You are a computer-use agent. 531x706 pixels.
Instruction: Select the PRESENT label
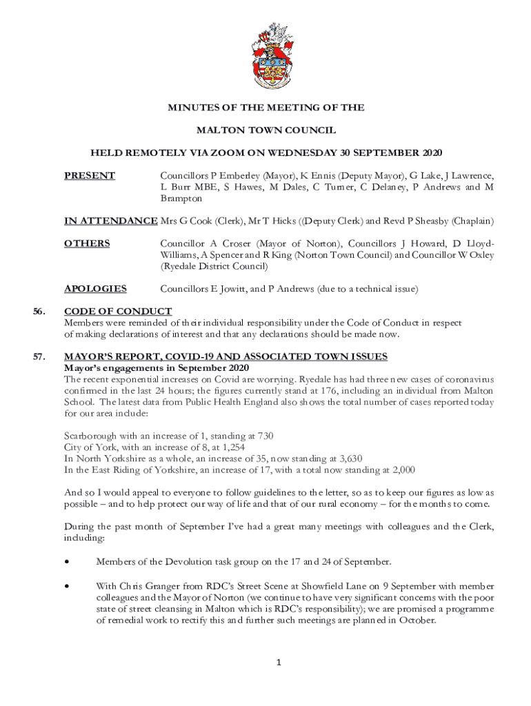90,176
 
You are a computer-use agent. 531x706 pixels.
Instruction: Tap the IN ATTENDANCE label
110,221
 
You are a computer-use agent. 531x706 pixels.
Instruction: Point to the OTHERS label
87,243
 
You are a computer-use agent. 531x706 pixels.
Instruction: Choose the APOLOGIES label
95,288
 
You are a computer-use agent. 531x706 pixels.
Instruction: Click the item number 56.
39,311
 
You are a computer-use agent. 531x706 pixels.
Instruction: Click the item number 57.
39,356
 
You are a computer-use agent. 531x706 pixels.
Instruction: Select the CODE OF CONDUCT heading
118,311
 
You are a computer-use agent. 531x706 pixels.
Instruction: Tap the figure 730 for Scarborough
265,436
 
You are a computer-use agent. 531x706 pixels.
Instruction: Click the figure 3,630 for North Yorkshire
348,458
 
